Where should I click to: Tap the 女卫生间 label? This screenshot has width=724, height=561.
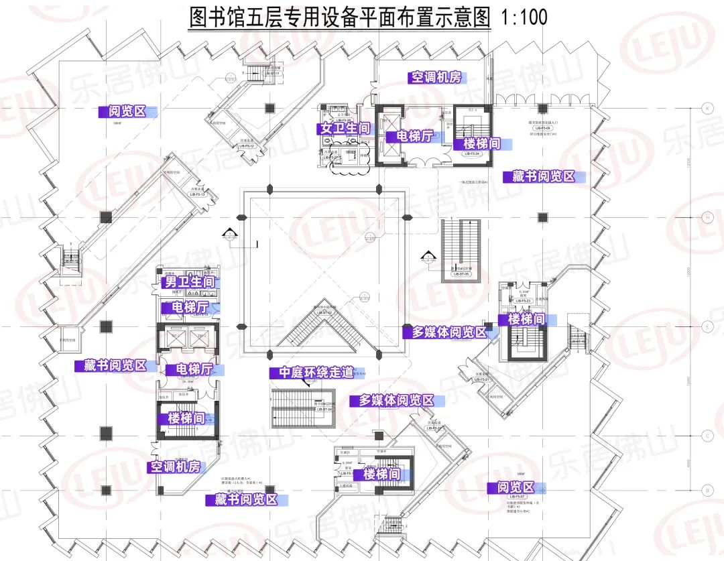point(345,128)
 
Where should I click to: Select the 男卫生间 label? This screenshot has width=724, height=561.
point(190,282)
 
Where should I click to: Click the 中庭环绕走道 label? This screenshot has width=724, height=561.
point(311,373)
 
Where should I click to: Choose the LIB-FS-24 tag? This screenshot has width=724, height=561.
point(472,153)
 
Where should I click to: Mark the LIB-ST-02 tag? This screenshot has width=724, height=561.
point(325,312)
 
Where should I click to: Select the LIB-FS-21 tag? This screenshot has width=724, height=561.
point(484,380)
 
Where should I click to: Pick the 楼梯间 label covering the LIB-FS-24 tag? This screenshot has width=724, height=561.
point(477,144)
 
